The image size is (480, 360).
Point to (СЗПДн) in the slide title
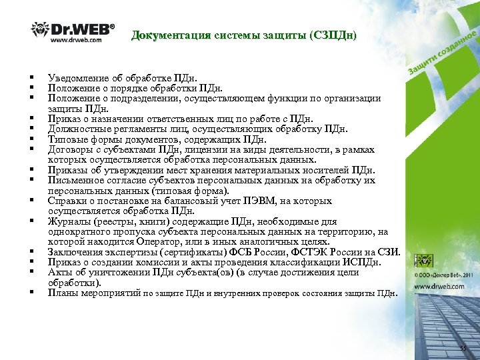point(333,35)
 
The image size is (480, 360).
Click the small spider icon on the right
point(423,260)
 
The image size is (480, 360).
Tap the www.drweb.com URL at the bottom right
point(441,287)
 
